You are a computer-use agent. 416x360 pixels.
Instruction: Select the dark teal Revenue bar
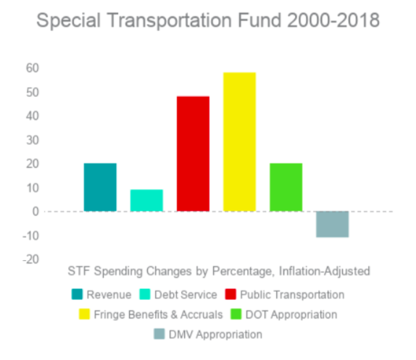(100, 187)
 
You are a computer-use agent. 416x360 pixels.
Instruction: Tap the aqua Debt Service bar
(146, 200)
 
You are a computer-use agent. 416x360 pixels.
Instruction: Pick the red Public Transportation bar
(193, 154)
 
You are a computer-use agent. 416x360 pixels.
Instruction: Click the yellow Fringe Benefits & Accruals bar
(239, 142)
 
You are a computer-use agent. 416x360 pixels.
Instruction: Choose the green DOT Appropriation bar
(286, 187)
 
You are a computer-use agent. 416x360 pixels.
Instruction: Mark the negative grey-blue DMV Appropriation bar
(332, 224)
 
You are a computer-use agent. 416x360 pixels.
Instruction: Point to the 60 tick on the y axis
(33, 68)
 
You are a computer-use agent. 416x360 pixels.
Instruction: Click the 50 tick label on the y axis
(33, 92)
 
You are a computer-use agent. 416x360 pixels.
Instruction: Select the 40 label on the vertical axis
(33, 116)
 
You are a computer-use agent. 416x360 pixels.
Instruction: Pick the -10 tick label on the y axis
(30, 235)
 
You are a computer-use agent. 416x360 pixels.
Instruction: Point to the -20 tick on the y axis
(30, 259)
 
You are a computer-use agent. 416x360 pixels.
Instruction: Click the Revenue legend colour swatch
(77, 295)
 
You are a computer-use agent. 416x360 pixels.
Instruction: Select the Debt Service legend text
(186, 295)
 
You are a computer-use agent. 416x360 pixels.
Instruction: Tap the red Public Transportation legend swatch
(230, 295)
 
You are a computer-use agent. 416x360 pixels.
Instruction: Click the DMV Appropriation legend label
(215, 334)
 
